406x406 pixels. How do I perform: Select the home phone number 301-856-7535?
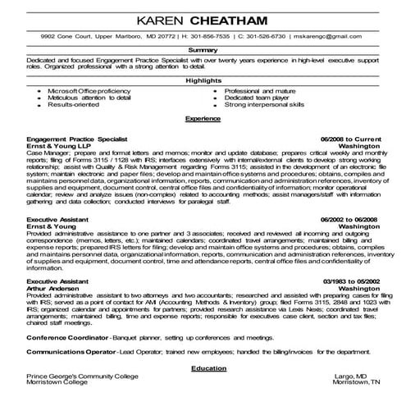pyautogui.click(x=194, y=38)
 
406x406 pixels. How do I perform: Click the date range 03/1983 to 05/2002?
pyautogui.click(x=347, y=281)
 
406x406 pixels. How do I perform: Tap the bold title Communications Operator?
pyautogui.click(x=71, y=353)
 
